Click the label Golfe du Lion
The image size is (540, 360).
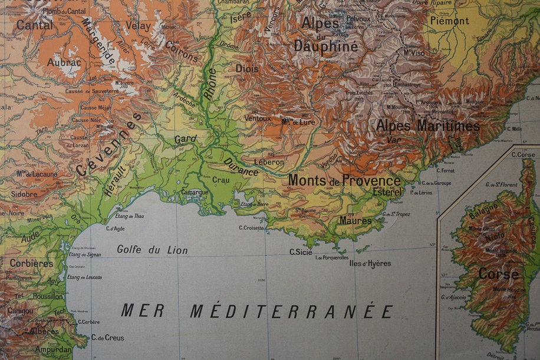point(152,250)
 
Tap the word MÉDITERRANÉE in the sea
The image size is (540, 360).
point(291,312)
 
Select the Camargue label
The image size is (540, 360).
point(194,192)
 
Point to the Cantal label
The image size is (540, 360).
point(35,25)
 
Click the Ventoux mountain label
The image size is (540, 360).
point(258,118)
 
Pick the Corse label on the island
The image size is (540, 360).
point(499,274)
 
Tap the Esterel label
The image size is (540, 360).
point(387,192)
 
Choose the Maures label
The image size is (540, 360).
point(355,221)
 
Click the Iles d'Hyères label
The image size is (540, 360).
point(370,263)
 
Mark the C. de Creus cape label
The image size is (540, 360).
point(107,338)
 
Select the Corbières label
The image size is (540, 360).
point(31,263)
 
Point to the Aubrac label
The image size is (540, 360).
point(64,62)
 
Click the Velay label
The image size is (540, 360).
point(138,25)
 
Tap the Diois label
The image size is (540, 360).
point(247,68)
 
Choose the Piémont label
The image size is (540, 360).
point(450,21)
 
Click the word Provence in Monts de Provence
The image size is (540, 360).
point(371,180)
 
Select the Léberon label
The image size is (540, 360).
point(269,162)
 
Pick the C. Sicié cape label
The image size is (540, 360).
point(301,252)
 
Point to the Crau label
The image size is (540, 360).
point(220,180)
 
